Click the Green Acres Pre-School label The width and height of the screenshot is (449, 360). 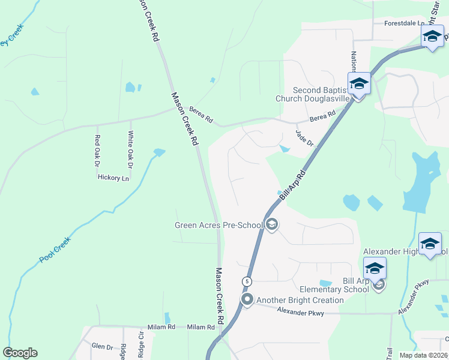(218, 226)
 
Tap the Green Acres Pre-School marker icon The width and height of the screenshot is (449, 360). (271, 225)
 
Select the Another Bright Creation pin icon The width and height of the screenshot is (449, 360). (247, 299)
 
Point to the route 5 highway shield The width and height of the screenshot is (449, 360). (247, 281)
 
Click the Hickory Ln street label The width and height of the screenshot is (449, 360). (113, 178)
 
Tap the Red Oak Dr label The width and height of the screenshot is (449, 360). (97, 149)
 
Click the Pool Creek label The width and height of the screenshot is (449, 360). (55, 250)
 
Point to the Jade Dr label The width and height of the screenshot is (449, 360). (305, 138)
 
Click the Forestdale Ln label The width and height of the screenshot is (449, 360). (405, 23)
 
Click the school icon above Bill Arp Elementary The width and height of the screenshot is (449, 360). (375, 268)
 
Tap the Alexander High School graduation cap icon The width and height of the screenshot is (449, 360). (430, 244)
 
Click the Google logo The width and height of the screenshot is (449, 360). (20, 353)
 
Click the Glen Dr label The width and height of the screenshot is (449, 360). (102, 347)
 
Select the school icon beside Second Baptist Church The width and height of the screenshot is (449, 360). (359, 84)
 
